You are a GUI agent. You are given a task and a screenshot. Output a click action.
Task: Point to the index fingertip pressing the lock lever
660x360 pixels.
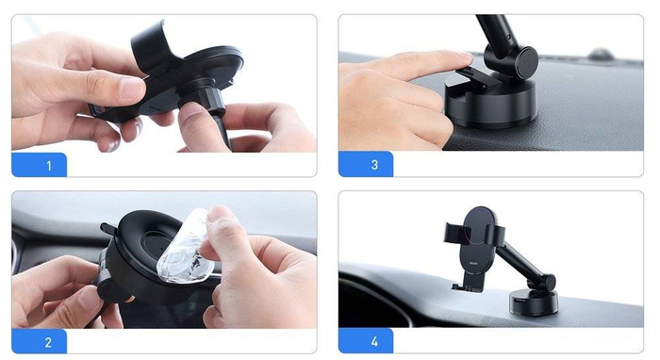[462, 59]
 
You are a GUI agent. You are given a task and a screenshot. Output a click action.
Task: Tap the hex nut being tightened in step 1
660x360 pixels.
[202, 95]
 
